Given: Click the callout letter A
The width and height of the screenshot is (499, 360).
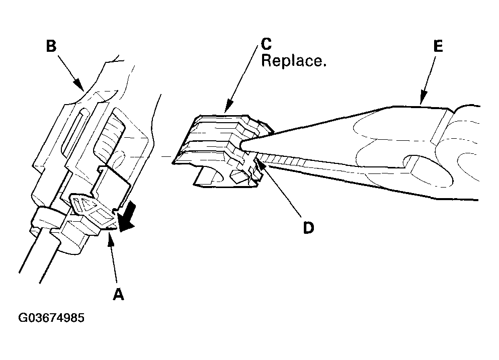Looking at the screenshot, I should [x=118, y=294].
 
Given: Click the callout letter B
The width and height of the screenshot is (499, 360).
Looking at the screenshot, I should [x=51, y=47].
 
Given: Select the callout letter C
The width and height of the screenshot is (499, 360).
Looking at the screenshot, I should [x=267, y=45].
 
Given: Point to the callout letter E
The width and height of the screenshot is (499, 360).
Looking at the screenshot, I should [x=437, y=47].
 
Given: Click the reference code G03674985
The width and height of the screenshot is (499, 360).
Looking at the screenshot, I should [x=51, y=318].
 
